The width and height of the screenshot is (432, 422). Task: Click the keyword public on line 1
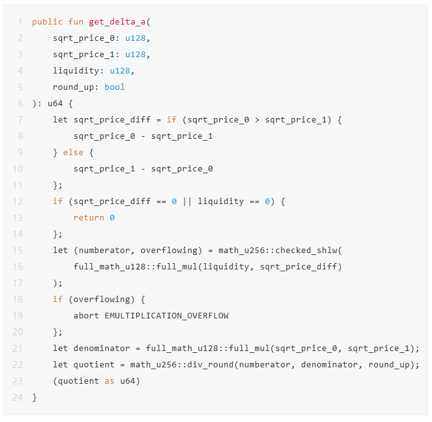click(47, 21)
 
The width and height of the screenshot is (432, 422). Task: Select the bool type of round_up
click(115, 87)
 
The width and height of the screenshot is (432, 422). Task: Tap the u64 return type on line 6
click(55, 103)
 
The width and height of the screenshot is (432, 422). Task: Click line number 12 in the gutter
click(17, 201)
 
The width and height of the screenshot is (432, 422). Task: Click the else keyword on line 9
click(73, 152)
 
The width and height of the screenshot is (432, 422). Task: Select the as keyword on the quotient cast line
click(110, 381)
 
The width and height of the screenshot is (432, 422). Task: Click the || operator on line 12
click(187, 201)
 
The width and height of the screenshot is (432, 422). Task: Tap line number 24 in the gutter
click(17, 397)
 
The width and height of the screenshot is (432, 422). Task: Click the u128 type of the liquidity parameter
click(120, 70)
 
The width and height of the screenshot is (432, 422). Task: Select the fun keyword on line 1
click(76, 21)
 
